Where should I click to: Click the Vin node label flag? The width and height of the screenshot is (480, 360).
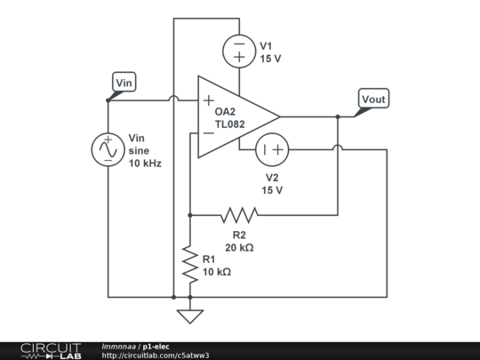click(125, 84)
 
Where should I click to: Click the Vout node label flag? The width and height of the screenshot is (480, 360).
click(373, 99)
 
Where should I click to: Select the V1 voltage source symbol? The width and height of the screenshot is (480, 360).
click(239, 51)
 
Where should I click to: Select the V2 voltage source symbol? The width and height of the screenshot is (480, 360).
click(272, 150)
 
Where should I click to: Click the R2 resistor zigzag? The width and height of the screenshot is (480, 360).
click(239, 214)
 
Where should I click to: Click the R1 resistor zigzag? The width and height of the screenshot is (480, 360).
click(189, 265)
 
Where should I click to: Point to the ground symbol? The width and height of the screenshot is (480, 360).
click(189, 316)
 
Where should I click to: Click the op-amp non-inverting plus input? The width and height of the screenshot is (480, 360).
click(208, 100)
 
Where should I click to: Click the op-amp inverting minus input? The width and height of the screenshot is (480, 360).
click(208, 133)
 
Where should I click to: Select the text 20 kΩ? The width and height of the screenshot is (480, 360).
click(239, 248)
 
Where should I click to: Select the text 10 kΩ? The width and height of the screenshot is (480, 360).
click(217, 272)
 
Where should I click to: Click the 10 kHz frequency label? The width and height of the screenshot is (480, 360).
click(145, 164)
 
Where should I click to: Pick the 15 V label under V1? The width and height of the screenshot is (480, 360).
click(271, 59)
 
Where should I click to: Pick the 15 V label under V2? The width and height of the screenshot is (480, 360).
click(272, 190)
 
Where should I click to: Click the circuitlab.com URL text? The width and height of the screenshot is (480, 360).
click(156, 355)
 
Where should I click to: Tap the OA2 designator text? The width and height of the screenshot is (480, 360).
click(226, 113)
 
